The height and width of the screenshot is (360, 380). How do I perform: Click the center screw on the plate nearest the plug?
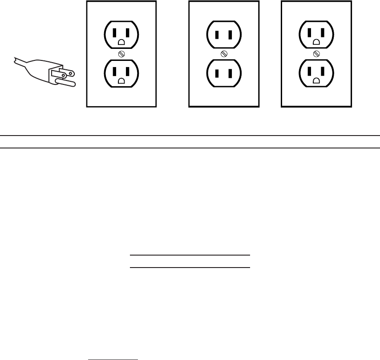pyautogui.click(x=121, y=54)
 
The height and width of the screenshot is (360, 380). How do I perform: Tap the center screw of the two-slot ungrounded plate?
pyautogui.click(x=224, y=54)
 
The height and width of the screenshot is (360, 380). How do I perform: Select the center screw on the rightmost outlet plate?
pyautogui.click(x=316, y=54)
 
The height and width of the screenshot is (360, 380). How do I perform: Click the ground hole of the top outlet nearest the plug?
pyautogui.click(x=121, y=43)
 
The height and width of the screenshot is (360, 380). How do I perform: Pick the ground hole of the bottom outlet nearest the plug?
pyautogui.click(x=121, y=81)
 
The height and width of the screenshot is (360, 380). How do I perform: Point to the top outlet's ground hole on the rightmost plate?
pyautogui.click(x=316, y=43)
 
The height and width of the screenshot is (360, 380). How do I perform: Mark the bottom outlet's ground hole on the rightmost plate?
pyautogui.click(x=316, y=81)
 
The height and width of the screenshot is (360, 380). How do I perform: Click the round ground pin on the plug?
pyautogui.click(x=67, y=82)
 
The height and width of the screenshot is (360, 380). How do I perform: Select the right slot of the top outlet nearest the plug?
pyautogui.click(x=128, y=32)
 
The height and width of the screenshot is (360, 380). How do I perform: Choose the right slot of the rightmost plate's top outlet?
pyautogui.click(x=323, y=32)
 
